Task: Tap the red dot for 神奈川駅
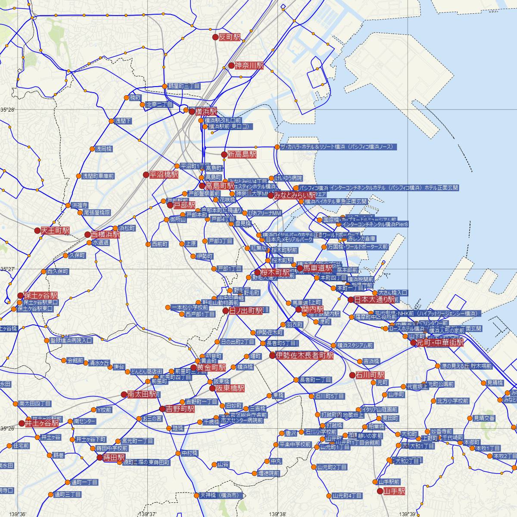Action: [231, 65]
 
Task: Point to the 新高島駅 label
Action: [242, 154]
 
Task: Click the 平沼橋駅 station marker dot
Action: [146, 175]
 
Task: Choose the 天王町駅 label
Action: [55, 230]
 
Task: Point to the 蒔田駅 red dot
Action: [100, 457]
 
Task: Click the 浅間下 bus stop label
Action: [123, 121]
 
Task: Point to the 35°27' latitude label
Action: [7, 269]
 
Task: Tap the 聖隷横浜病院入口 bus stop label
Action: [71, 340]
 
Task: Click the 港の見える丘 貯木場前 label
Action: [466, 366]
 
